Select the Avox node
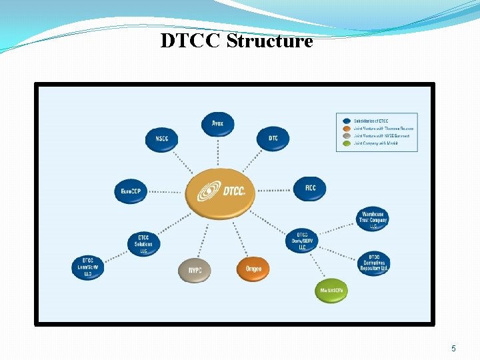coord(218,123)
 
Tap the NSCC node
coord(162,139)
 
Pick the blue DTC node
coord(273,138)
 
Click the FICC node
coord(310,188)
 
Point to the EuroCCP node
coord(131,191)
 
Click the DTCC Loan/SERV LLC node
coord(88,267)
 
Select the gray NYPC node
coord(195,270)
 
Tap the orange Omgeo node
coord(253,269)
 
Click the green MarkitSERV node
coord(331,291)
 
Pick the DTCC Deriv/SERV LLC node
coord(303,241)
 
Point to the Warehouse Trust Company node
coord(373,219)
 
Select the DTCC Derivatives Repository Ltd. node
coord(374,263)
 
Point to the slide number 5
coord(453,348)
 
